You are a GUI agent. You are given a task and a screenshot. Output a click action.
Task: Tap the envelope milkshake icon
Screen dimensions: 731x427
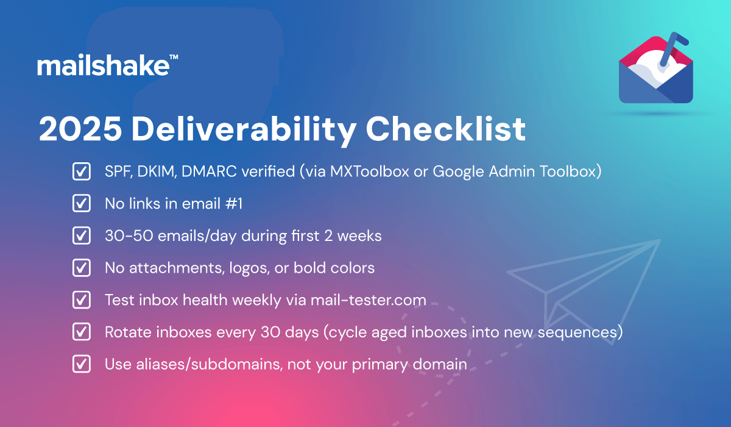(656, 68)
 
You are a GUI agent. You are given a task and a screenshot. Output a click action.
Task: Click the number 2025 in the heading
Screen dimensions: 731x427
(80, 129)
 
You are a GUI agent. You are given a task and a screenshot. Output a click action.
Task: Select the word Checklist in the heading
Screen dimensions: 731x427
(446, 129)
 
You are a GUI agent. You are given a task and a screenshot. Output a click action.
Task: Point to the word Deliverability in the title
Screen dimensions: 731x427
(244, 130)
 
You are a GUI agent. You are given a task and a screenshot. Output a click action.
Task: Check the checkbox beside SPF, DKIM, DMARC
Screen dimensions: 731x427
(82, 171)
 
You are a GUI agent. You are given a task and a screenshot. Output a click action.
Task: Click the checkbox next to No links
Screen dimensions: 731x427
(82, 204)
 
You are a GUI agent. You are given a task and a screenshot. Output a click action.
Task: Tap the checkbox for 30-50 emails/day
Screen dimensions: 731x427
(82, 235)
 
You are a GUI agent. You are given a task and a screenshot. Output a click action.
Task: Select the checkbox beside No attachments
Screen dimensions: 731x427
(82, 268)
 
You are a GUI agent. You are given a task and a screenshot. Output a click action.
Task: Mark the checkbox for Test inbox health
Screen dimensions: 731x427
(82, 300)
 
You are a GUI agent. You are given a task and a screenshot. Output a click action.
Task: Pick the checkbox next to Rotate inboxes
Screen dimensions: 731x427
(82, 332)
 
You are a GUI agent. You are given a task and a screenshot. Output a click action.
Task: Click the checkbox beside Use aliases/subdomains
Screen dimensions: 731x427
(82, 364)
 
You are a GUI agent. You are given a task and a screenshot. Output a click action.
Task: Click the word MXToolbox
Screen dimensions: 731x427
(369, 171)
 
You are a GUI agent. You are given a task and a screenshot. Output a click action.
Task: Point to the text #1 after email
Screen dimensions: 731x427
(234, 204)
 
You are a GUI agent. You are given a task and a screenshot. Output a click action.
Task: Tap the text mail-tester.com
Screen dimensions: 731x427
(369, 300)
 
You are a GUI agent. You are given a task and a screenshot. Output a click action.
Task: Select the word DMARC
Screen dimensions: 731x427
(209, 171)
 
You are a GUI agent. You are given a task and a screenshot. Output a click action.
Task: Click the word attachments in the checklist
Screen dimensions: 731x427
(177, 268)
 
